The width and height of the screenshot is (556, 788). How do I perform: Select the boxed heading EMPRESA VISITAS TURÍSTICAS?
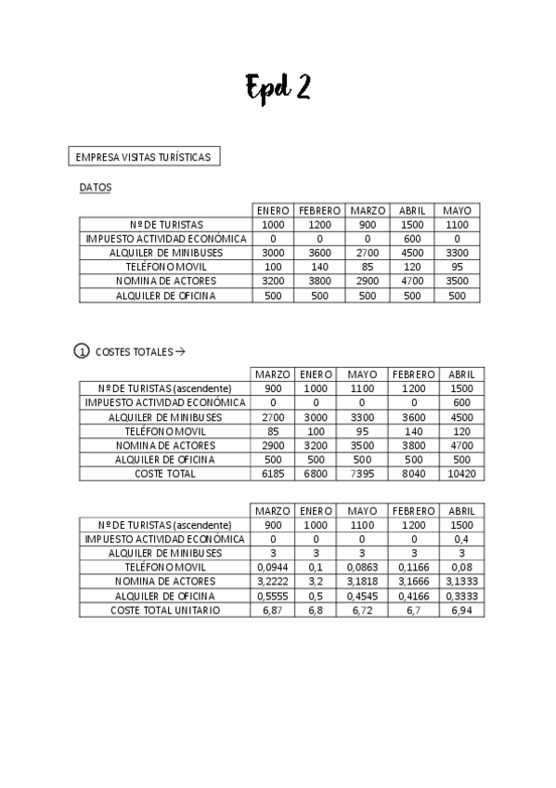point(144,157)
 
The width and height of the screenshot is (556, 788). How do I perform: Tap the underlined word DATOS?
point(95,188)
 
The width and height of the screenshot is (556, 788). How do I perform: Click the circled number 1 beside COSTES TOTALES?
point(80,352)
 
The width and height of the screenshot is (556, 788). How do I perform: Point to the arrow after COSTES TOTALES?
point(180,352)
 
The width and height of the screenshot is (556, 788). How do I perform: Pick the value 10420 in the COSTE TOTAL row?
point(461,474)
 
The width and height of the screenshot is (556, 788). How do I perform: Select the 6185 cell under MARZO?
point(273,474)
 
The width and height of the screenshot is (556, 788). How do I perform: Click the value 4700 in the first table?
point(410,281)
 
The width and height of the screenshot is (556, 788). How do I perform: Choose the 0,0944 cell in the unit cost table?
point(273,568)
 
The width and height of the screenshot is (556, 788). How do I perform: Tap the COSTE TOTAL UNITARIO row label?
point(165,611)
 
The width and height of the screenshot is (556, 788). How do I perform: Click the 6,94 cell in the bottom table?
point(461,611)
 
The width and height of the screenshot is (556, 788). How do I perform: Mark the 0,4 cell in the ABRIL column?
point(461,539)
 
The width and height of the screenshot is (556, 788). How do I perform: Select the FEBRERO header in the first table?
point(319,210)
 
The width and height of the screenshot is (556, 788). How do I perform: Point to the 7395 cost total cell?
point(362,474)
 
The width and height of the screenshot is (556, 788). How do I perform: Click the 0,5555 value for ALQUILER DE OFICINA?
point(273,596)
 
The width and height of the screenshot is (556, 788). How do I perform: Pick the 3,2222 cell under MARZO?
point(273,582)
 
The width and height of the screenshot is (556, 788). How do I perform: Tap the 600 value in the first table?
point(410,239)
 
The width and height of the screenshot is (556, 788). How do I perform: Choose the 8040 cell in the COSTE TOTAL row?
point(413,474)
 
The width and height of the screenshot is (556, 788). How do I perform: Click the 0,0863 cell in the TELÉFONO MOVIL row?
point(362,568)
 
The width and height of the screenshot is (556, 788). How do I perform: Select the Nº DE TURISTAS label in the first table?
point(165,225)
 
